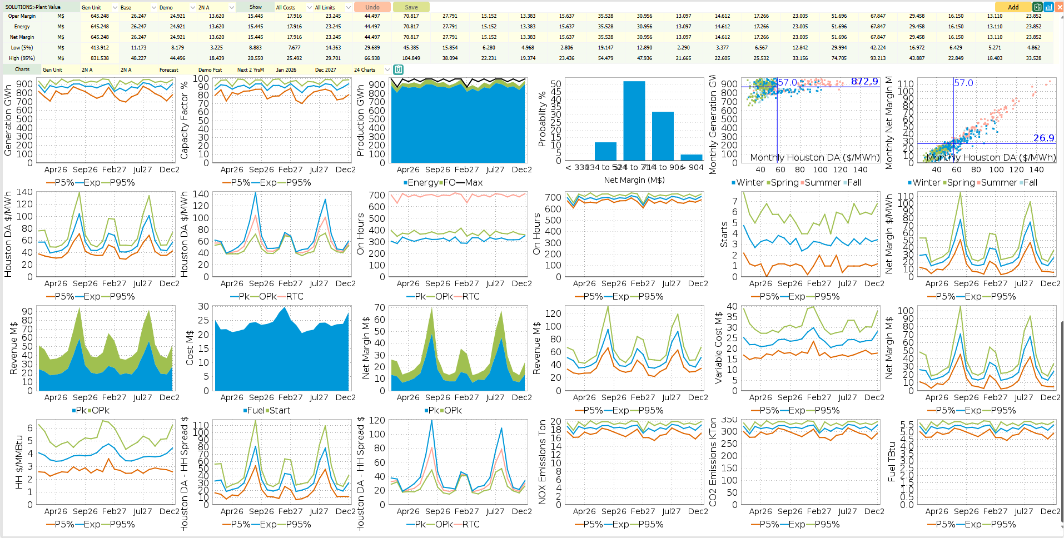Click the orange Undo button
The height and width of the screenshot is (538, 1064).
pos(372,7)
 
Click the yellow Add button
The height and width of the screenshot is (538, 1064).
pos(1013,7)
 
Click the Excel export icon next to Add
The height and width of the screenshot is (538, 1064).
pos(1037,7)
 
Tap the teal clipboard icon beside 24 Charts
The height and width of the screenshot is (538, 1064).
pos(398,70)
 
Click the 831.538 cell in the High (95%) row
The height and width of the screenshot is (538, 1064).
pos(100,58)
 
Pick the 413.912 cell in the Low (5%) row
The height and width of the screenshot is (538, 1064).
pos(100,48)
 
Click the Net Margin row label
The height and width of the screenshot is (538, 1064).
pos(22,37)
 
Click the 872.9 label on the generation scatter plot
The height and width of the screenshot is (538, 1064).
pos(864,82)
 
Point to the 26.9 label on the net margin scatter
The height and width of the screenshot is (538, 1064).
pos(1043,138)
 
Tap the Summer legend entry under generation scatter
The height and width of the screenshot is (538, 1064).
pos(819,183)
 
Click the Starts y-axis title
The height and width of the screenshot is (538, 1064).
pos(724,235)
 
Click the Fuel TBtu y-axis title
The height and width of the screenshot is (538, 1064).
pos(892,461)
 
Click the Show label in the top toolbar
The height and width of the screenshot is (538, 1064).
pos(255,7)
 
